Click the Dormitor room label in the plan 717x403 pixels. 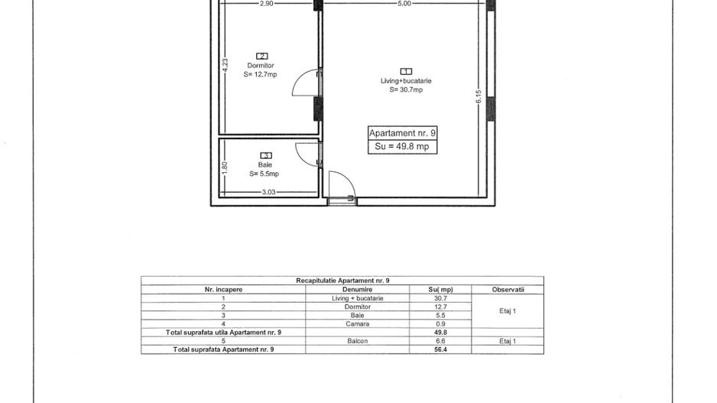click(x=261, y=66)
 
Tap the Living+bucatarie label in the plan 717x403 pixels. click(x=406, y=81)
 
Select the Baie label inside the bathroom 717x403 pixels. click(x=265, y=164)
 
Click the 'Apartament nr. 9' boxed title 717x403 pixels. click(x=402, y=133)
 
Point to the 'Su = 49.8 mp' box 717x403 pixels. click(x=402, y=147)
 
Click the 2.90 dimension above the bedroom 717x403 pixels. click(x=266, y=4)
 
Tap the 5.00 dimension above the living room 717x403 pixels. click(x=404, y=4)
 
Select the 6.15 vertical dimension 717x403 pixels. click(x=479, y=96)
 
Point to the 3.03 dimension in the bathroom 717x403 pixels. click(x=269, y=192)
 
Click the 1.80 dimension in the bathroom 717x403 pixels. click(x=224, y=168)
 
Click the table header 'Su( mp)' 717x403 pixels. click(x=440, y=290)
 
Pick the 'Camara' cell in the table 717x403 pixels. click(x=357, y=324)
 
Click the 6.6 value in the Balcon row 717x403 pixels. click(x=440, y=341)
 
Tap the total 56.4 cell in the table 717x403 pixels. click(x=440, y=349)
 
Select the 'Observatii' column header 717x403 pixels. click(x=508, y=290)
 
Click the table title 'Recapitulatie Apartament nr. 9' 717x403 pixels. click(x=342, y=281)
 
